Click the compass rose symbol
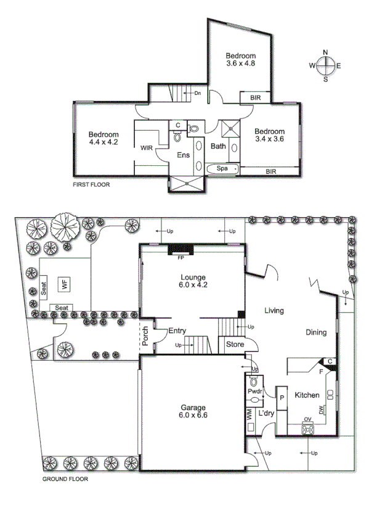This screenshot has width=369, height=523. point(326,65)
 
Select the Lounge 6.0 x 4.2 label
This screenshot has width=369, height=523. point(193,281)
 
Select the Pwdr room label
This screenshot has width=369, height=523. point(254,391)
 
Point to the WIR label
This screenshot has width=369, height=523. point(147,148)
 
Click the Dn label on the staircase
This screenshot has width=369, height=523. point(198,93)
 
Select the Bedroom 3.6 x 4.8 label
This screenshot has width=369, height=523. point(240,59)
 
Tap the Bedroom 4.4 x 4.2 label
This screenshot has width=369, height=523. point(103,138)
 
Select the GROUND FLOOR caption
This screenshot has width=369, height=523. point(65,479)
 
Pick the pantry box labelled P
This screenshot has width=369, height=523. point(282,398)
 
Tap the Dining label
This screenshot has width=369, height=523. point(316,332)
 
